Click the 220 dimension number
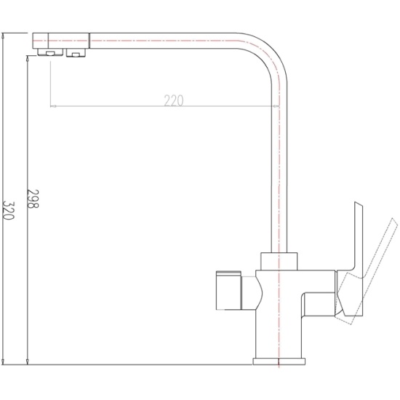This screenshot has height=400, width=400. (174, 100)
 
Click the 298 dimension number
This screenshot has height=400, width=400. (33, 199)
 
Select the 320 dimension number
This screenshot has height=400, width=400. (9, 211)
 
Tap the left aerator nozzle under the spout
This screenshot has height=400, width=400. (50, 52)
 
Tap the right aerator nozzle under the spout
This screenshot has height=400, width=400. (76, 53)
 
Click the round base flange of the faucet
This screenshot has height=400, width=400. (279, 361)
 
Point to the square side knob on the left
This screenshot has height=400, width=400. (228, 290)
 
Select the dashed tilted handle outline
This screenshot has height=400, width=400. (367, 271)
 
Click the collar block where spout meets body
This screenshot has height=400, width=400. (279, 262)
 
